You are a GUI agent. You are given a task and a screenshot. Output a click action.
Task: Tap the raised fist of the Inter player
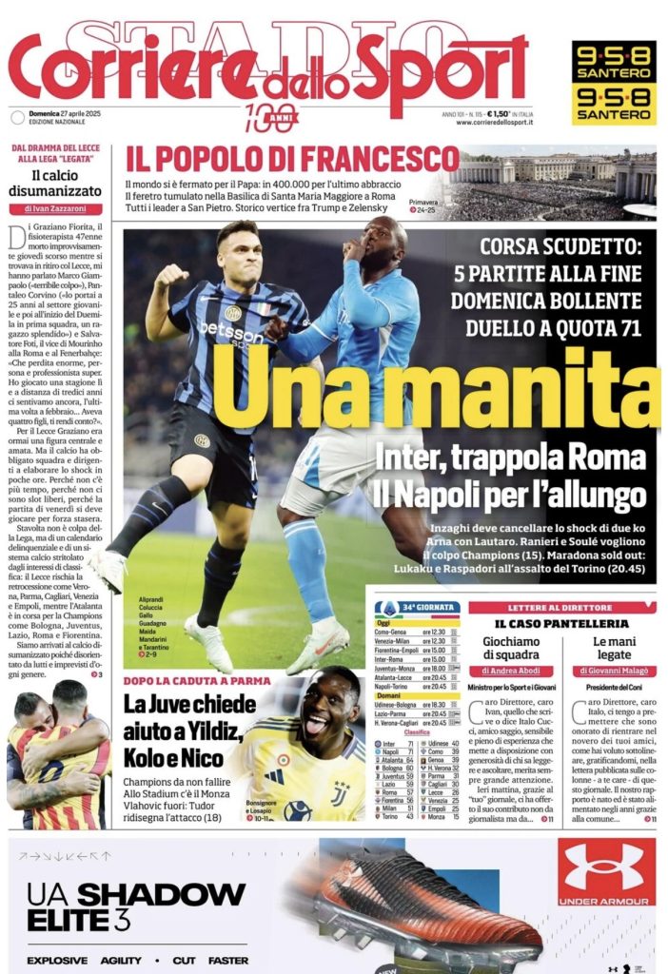(171, 277)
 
